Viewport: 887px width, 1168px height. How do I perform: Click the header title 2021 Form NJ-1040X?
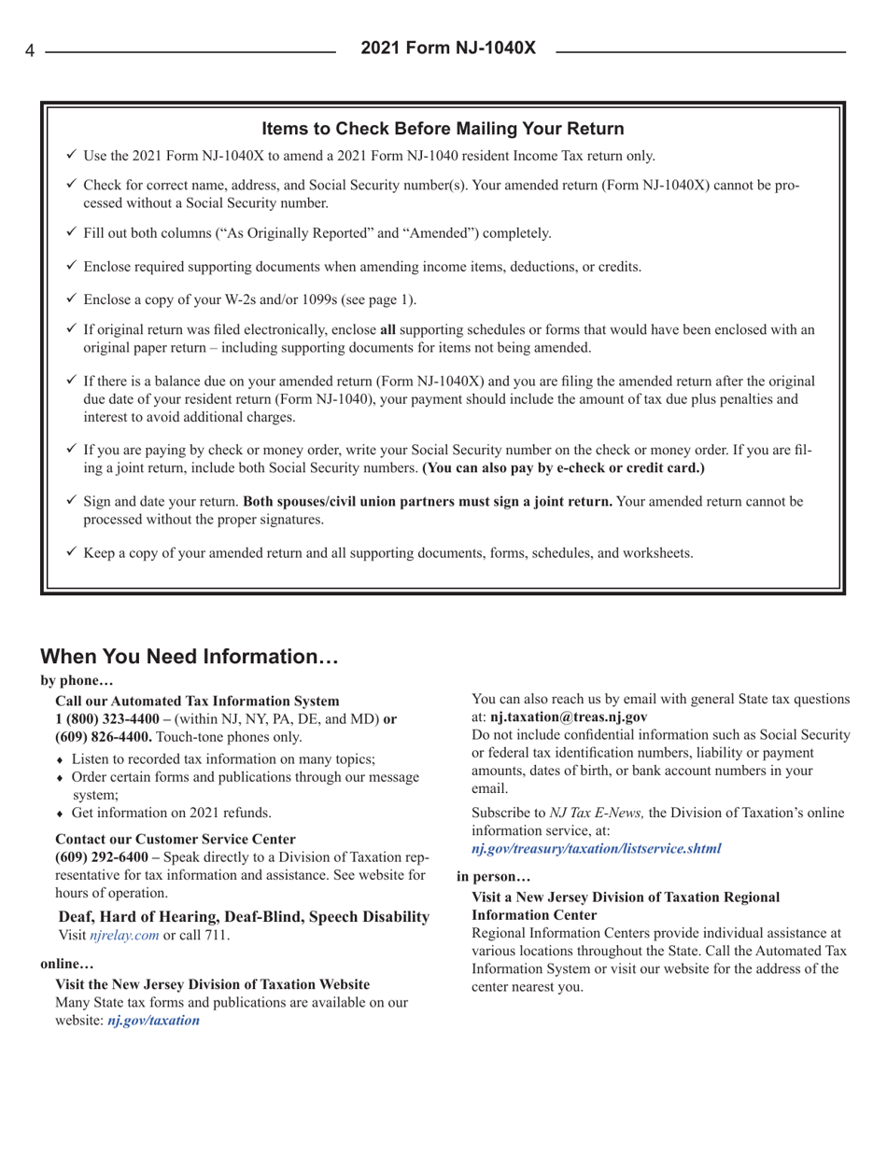[x=443, y=47]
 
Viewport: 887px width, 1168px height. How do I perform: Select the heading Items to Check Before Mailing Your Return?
[x=443, y=127]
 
